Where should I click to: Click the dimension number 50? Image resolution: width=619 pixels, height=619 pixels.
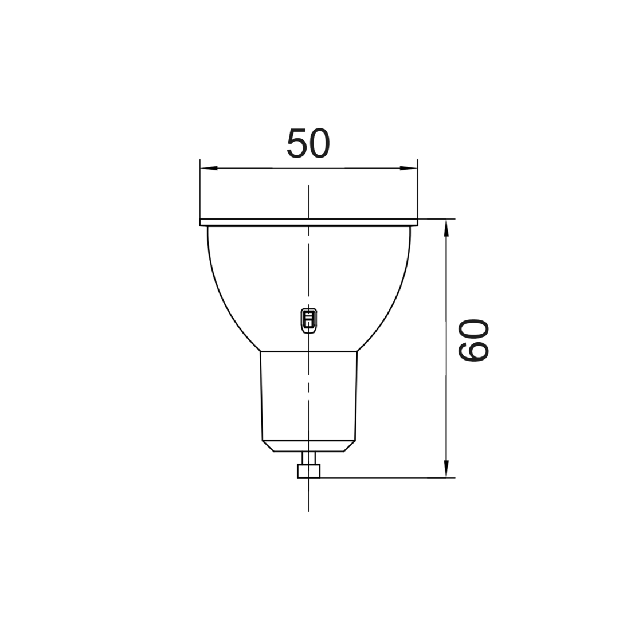308,144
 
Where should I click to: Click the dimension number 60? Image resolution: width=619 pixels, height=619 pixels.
473,342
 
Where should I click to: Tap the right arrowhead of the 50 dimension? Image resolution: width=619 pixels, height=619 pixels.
409,168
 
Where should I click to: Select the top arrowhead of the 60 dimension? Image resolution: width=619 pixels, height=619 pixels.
447,228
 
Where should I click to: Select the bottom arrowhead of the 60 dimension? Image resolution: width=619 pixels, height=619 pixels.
447,468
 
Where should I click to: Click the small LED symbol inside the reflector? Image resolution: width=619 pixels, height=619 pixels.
308,319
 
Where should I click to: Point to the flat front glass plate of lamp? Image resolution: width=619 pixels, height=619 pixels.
258,222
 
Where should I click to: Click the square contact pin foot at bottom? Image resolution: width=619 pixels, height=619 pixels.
308,471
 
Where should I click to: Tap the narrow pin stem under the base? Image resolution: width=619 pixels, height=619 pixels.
308,458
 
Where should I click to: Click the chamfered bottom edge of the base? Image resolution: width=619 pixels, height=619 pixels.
308,446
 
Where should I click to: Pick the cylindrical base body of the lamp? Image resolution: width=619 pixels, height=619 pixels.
287,395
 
